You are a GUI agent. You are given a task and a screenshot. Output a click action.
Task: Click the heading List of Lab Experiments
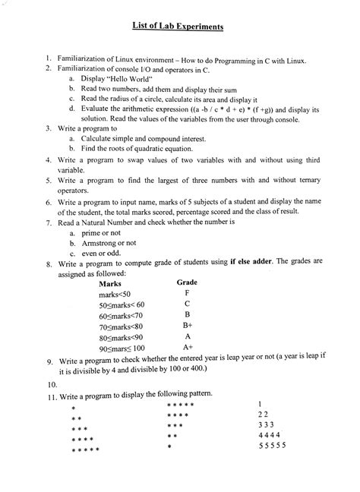180,27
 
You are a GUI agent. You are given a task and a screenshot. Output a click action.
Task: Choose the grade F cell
186,292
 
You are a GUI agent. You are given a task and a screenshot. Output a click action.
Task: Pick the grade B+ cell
187,324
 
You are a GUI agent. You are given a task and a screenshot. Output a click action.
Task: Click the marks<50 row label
115,293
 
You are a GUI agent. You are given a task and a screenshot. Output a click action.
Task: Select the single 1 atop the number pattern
260,403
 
